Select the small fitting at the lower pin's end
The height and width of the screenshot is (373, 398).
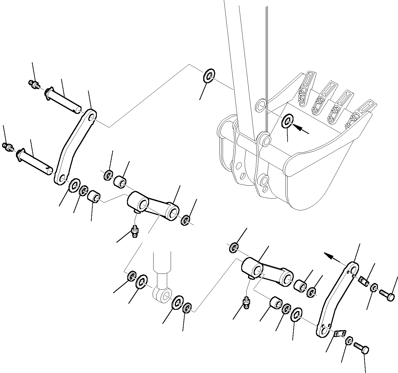(x=8, y=146)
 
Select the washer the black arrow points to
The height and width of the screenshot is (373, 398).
(x=287, y=122)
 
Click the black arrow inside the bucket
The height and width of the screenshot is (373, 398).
(x=301, y=129)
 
